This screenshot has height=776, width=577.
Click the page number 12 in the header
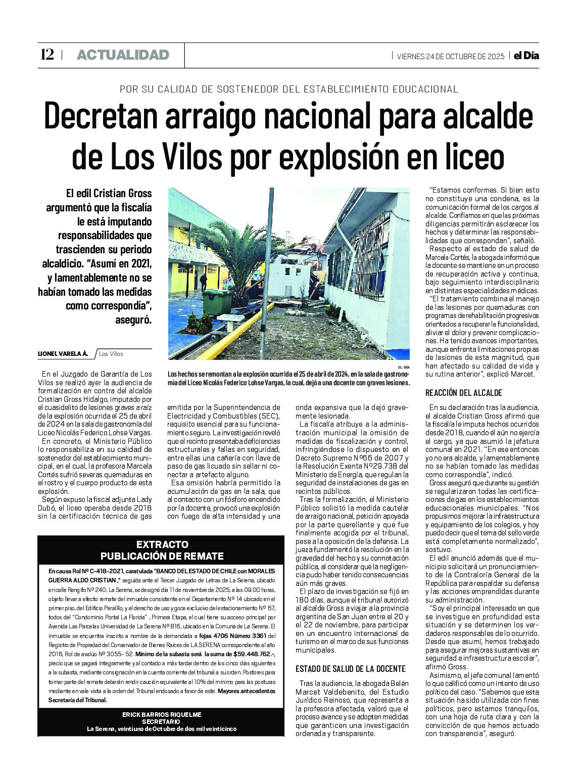click(x=47, y=55)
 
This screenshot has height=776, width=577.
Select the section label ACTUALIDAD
click(x=123, y=55)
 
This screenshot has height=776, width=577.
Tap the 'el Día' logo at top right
click(x=526, y=56)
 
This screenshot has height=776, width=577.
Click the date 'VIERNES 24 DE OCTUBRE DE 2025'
click(x=450, y=56)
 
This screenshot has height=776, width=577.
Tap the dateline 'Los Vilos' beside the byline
click(x=111, y=354)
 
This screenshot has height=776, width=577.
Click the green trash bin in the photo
click(x=217, y=302)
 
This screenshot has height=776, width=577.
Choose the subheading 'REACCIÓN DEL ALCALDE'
click(x=463, y=393)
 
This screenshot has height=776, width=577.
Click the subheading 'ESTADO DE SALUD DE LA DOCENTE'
click(x=351, y=669)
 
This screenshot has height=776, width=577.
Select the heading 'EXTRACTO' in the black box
click(x=162, y=544)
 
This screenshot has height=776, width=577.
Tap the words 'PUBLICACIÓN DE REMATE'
click(x=162, y=556)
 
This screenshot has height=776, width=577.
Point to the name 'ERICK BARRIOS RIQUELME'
click(x=162, y=714)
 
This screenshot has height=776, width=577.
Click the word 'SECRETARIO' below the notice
click(x=161, y=721)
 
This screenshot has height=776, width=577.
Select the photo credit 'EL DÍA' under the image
click(x=403, y=367)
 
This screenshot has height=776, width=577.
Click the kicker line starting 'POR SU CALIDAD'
click(x=288, y=89)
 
